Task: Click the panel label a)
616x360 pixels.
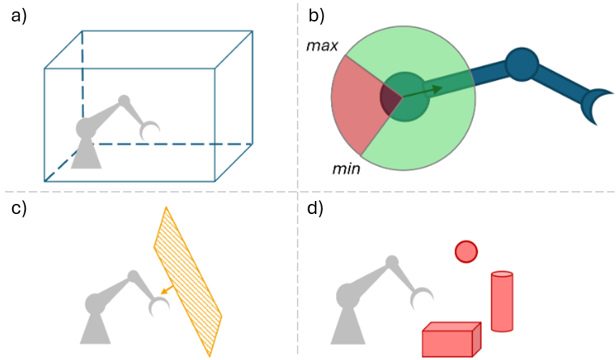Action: (19, 17)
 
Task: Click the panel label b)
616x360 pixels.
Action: (316, 16)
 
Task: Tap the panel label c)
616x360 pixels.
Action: (19, 208)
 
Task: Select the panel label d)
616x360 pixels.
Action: (316, 208)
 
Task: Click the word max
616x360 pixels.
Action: (322, 46)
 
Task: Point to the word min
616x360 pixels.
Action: (346, 169)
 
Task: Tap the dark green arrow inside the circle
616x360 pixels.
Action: (422, 92)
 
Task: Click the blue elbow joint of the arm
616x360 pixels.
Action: (522, 64)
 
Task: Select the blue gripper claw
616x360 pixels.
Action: (594, 105)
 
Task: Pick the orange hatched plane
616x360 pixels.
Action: (187, 281)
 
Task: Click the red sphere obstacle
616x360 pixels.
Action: (466, 251)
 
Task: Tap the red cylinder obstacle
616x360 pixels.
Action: (502, 301)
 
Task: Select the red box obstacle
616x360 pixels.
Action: (451, 339)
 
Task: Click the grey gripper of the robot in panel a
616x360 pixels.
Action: (150, 131)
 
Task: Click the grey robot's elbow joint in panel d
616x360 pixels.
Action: (391, 262)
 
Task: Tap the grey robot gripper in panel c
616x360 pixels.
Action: (159, 306)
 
